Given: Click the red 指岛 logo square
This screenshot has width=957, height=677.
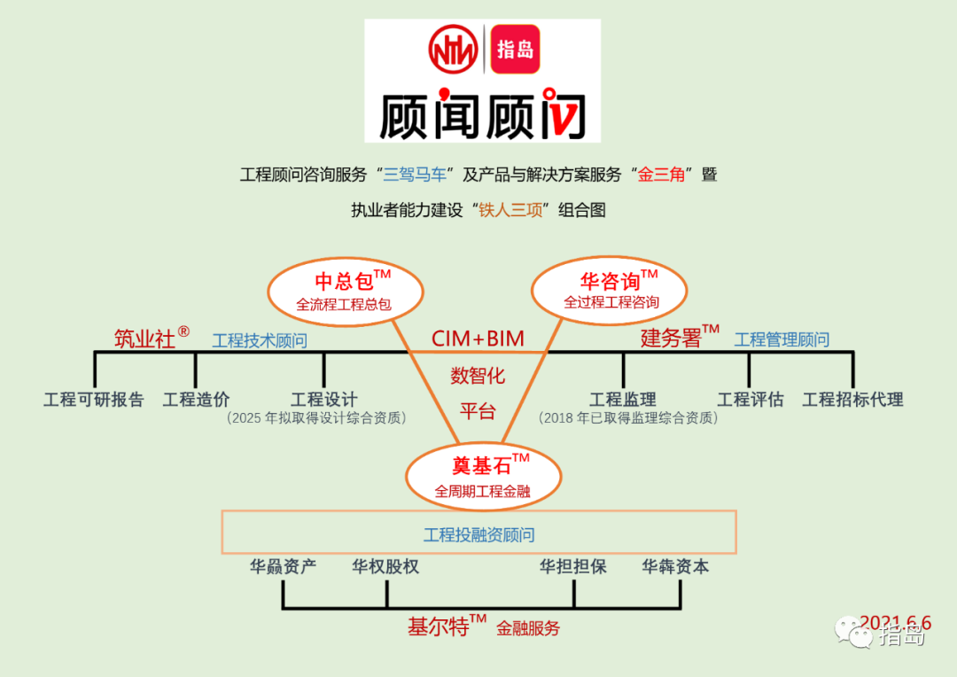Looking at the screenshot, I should pyautogui.click(x=515, y=49).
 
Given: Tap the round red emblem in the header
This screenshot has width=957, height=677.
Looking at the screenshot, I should pyautogui.click(x=453, y=49).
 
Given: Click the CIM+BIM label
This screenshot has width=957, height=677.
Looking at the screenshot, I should pyautogui.click(x=478, y=338).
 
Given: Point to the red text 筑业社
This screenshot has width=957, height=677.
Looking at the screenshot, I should pyautogui.click(x=144, y=338).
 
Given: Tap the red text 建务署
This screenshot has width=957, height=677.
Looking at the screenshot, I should pyautogui.click(x=671, y=338).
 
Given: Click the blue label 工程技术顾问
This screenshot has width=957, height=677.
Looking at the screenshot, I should pyautogui.click(x=260, y=340).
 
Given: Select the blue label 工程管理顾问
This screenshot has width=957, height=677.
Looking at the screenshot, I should pyautogui.click(x=782, y=339).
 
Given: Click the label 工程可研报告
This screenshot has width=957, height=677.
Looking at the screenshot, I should pyautogui.click(x=94, y=400).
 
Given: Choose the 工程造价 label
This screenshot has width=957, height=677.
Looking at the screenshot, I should pyautogui.click(x=196, y=400).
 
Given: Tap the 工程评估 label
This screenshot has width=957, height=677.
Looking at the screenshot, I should pyautogui.click(x=751, y=400).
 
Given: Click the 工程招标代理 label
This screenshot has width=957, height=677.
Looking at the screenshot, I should pyautogui.click(x=852, y=400).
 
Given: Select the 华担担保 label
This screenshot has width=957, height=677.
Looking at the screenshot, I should pyautogui.click(x=573, y=567).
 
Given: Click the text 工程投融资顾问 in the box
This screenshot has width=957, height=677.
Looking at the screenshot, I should pyautogui.click(x=478, y=535).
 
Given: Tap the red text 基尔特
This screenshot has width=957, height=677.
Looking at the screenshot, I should pyautogui.click(x=438, y=627).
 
